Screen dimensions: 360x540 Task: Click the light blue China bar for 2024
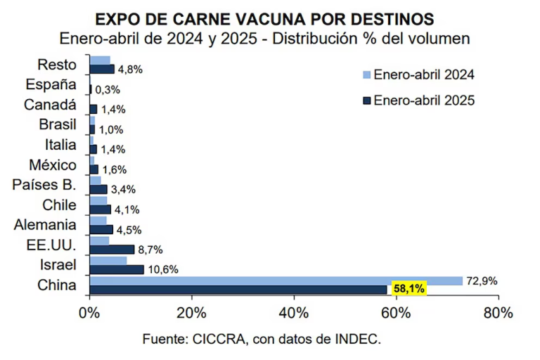pos(276,281)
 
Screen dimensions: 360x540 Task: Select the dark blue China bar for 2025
pos(238,290)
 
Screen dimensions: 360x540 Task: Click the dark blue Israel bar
pos(117,269)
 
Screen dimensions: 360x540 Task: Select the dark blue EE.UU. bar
pos(112,250)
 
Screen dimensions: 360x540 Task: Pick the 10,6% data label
pos(160,269)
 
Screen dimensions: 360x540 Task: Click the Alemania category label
pos(45,225)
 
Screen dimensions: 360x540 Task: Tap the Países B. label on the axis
pos(44,185)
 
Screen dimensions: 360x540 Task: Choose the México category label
pos(53,165)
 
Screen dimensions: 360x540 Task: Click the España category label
pos(50,85)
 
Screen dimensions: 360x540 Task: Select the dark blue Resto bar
pos(102,69)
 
